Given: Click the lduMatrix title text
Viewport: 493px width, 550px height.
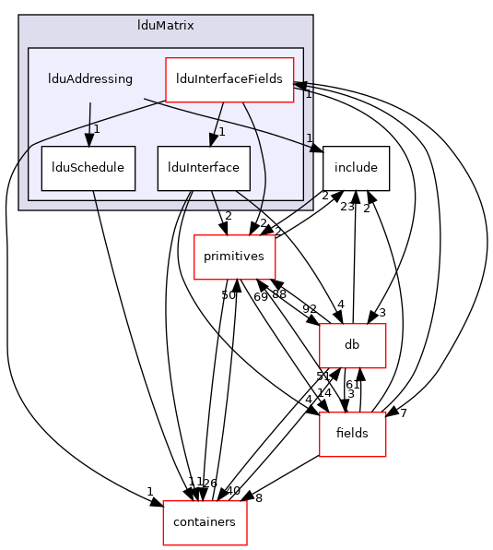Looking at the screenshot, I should click(x=165, y=26).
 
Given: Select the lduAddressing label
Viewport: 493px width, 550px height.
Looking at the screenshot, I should click(x=90, y=79).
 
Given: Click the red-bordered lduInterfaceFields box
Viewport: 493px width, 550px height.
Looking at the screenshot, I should click(x=229, y=79).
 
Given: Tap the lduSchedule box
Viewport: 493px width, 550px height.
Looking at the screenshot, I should click(x=88, y=168).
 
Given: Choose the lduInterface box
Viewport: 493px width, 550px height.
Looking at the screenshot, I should click(x=204, y=168).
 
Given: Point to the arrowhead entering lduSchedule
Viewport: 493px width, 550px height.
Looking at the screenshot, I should click(x=88, y=140).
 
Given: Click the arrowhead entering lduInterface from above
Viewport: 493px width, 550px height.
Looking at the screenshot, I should click(x=212, y=140).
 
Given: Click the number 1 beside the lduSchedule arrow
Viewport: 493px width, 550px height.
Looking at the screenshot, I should click(x=96, y=129).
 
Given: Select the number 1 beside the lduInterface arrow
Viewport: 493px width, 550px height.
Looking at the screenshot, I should click(x=222, y=131).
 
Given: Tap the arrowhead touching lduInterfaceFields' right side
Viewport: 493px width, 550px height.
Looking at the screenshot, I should click(x=299, y=85).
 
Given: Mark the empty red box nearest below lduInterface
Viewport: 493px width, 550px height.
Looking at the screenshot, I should click(x=234, y=257).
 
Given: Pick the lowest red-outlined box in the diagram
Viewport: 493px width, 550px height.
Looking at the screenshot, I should click(x=205, y=523).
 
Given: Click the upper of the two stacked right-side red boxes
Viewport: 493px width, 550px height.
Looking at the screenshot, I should click(x=352, y=346).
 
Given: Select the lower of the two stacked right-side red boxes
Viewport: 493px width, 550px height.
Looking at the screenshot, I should click(x=352, y=435).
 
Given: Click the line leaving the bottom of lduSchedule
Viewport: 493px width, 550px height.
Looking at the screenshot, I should click(x=95, y=200).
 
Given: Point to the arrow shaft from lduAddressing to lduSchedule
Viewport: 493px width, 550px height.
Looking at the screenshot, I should click(x=89, y=115).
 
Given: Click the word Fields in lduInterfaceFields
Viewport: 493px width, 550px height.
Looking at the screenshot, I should click(x=266, y=79).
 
